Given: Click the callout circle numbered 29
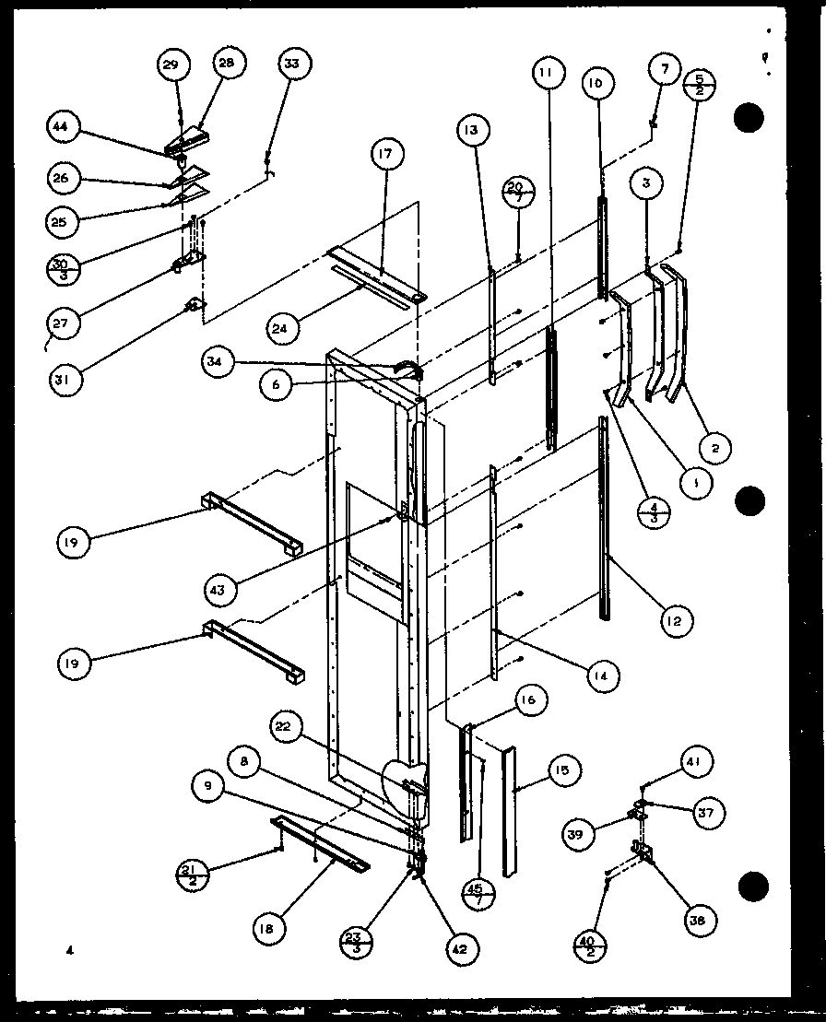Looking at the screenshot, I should (x=171, y=64).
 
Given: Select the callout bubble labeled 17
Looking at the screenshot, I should (x=384, y=155).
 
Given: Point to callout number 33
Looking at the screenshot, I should (x=292, y=64).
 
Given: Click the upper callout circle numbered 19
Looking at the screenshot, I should (x=71, y=542).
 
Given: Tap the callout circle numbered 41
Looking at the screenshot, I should (x=695, y=761).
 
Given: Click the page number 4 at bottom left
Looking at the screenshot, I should (x=68, y=948).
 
